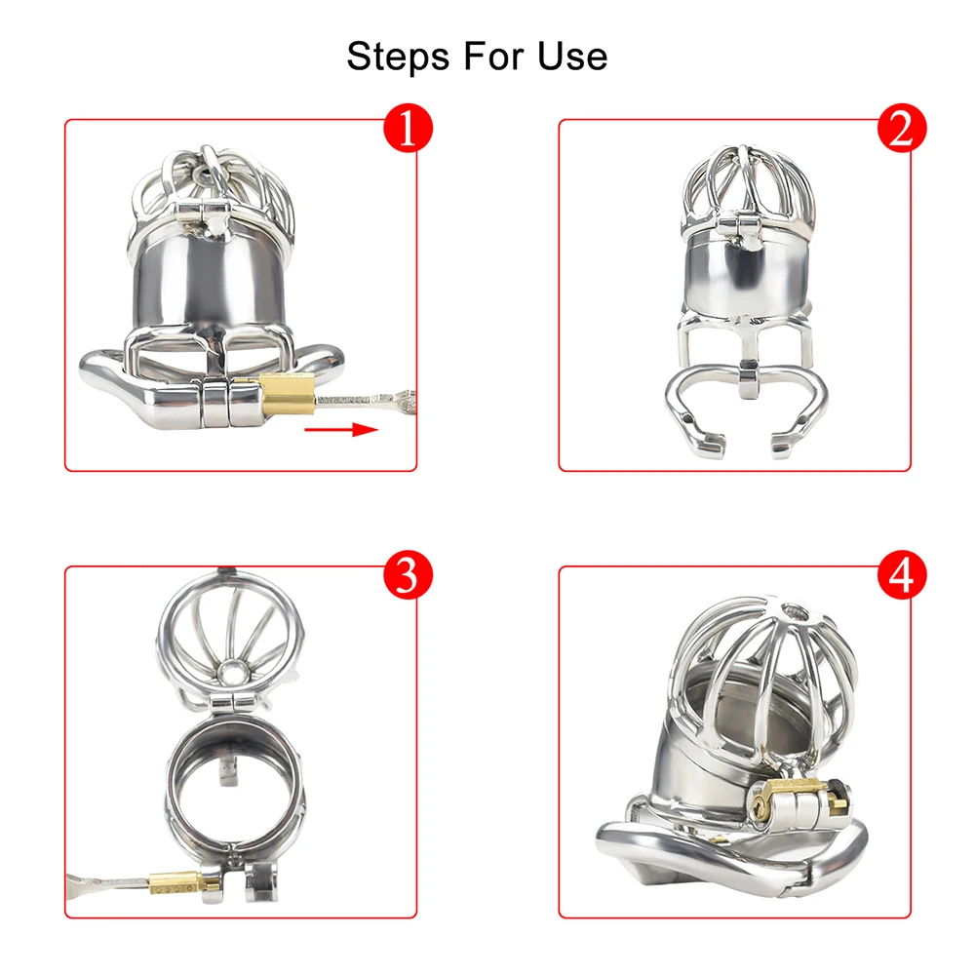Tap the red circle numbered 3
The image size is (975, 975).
(408, 576)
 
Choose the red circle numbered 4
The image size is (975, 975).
(902, 576)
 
